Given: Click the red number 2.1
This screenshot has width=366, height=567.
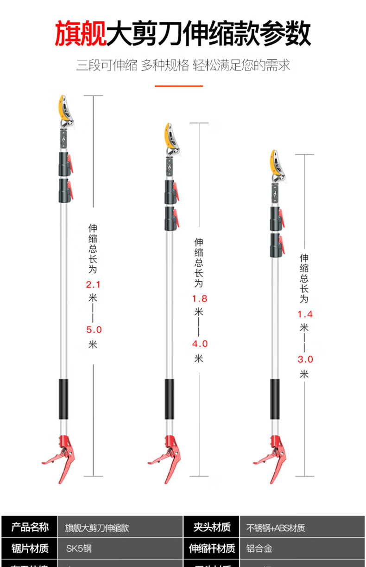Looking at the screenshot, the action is pos(93,284).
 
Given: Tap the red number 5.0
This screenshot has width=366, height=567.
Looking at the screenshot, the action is pos(93,330).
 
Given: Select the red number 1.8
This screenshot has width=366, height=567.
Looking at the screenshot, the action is pos(199,298).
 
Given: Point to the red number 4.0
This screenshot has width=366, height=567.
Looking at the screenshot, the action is pos(199,344).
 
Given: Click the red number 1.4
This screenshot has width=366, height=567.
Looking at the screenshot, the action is pos(304,314).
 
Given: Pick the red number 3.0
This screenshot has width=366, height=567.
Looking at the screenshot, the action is pos(304,359).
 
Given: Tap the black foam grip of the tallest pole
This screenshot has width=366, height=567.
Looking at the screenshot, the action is pos(63,399).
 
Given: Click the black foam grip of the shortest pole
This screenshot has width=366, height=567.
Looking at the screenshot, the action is pos(275,399).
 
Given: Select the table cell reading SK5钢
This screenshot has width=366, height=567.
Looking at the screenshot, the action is pos(79,548).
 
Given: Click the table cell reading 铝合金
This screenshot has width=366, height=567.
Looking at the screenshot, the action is pos(259,548).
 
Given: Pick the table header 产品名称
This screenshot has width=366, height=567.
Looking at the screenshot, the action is pos(30,528).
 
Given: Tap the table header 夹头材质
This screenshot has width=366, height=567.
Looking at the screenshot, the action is pos(212,528).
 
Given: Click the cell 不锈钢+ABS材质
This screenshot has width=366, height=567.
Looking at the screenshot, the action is pos(276,528).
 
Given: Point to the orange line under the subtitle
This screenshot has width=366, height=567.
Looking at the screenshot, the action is pos(178,86).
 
